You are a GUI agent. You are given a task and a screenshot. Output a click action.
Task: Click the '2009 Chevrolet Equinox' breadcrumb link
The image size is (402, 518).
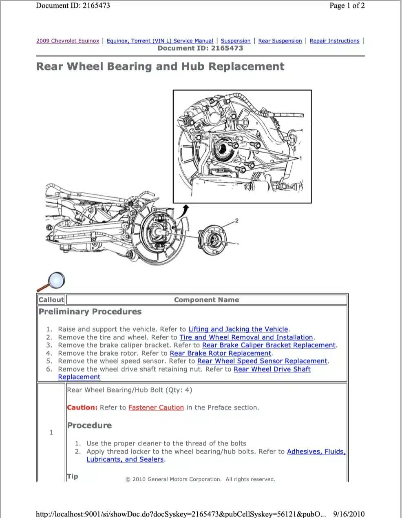click(68, 41)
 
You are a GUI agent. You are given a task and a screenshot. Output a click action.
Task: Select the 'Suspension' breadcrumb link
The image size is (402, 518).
click(236, 41)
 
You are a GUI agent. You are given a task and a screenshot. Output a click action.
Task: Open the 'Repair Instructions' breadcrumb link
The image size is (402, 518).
click(334, 41)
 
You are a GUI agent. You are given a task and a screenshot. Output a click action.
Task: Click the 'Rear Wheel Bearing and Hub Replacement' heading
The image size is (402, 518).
click(160, 66)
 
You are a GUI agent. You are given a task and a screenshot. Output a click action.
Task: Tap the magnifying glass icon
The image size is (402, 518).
click(55, 281)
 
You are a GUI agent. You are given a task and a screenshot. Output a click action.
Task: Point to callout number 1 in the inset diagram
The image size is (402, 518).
click(300, 158)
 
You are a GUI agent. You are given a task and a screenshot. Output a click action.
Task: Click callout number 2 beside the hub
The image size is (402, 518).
click(237, 221)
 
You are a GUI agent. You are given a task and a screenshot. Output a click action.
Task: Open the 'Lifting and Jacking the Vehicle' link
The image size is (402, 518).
click(238, 329)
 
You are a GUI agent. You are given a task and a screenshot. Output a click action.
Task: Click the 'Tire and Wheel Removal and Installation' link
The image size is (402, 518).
click(246, 337)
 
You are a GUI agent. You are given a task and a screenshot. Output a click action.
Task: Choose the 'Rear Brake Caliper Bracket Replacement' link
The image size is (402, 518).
click(269, 345)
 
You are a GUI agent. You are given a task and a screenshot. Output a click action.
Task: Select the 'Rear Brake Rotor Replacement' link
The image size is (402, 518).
click(220, 353)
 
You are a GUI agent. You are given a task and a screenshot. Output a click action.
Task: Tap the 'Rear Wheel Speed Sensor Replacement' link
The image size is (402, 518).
click(262, 361)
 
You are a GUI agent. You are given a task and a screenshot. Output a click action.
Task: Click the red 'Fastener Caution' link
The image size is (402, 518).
click(156, 407)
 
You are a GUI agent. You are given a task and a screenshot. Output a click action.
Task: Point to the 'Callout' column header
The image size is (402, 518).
click(51, 300)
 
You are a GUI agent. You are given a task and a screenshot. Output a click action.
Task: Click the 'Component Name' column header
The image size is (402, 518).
click(206, 300)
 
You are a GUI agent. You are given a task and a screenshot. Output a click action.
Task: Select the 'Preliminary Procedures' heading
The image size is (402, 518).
click(90, 312)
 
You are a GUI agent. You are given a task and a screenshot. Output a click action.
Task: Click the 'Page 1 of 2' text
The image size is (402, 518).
click(347, 6)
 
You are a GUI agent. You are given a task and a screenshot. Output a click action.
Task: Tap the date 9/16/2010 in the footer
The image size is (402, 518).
click(349, 514)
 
